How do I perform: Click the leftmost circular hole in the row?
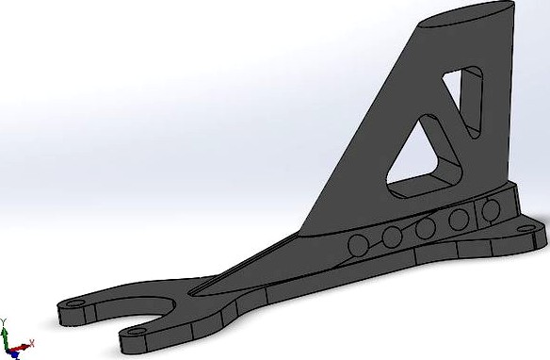(358, 246)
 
